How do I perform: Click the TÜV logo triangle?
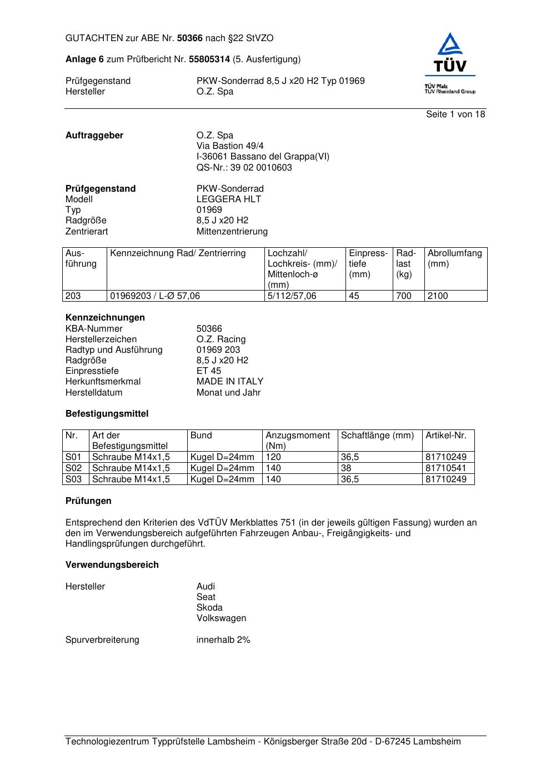(449, 46)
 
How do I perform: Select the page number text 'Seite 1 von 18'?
(455, 114)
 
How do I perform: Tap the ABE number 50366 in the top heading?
(190, 38)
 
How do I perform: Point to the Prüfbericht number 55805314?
(209, 59)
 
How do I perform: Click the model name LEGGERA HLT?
(228, 199)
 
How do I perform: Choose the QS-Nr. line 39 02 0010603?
(244, 168)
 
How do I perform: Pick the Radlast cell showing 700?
(404, 296)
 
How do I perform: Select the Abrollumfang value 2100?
(438, 296)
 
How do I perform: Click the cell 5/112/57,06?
(292, 296)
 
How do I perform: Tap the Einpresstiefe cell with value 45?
(354, 296)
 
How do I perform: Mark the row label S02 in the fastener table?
(73, 468)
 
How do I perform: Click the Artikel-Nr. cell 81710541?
(446, 468)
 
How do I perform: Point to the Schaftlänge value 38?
(347, 468)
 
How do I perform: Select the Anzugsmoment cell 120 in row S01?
(273, 457)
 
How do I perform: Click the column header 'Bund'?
(201, 436)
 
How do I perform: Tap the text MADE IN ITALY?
(229, 382)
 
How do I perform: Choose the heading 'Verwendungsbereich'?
(112, 565)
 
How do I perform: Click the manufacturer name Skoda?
(209, 608)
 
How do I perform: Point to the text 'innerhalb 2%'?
(223, 640)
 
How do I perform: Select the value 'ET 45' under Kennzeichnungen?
(208, 371)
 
